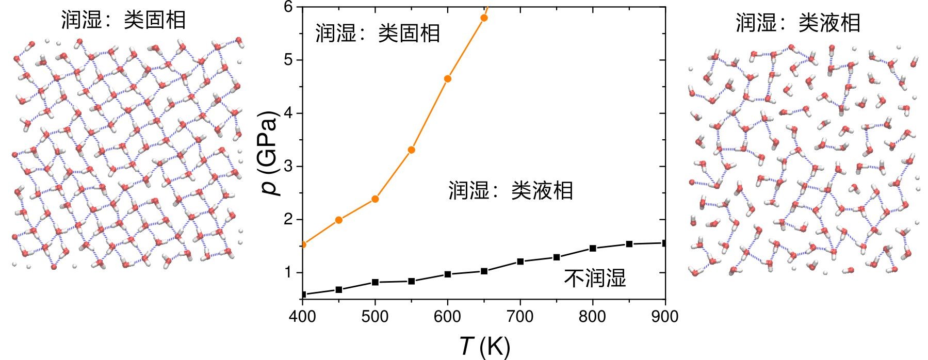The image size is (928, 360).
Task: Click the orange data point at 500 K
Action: (x=375, y=199)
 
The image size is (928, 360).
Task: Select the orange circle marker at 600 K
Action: (x=448, y=79)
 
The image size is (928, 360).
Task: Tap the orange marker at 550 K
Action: (x=411, y=150)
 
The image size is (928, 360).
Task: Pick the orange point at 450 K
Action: (x=339, y=220)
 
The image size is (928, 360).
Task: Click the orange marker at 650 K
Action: (x=484, y=18)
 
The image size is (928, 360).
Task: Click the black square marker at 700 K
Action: (x=520, y=261)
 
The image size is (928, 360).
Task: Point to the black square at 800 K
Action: (x=593, y=248)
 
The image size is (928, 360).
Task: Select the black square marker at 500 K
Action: (x=375, y=282)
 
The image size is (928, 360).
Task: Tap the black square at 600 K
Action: (x=448, y=274)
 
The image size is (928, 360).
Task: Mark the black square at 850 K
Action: (x=629, y=244)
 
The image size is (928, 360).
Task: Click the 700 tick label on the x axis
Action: (x=520, y=316)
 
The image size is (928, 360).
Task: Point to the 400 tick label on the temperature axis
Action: (x=303, y=316)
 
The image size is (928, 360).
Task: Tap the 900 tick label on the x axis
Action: (x=665, y=316)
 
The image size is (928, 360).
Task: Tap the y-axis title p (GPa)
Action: (x=270, y=153)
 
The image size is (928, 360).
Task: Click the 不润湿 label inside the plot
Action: (x=595, y=279)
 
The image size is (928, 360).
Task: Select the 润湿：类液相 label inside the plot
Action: (x=511, y=191)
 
